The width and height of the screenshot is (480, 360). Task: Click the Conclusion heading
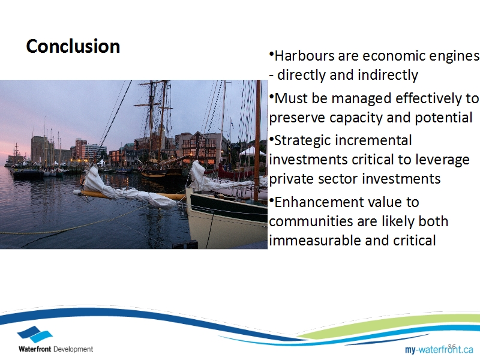(x=73, y=46)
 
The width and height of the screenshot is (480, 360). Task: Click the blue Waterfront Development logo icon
(x=35, y=334)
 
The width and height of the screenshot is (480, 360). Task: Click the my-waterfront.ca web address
(x=439, y=349)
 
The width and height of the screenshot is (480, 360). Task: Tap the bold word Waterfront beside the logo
(x=35, y=349)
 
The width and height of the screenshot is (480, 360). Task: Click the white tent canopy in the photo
(x=251, y=151)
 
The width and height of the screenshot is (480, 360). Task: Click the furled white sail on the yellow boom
(x=125, y=190)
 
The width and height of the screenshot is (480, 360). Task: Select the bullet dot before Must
(x=271, y=97)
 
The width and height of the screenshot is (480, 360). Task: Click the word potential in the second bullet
(x=443, y=118)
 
